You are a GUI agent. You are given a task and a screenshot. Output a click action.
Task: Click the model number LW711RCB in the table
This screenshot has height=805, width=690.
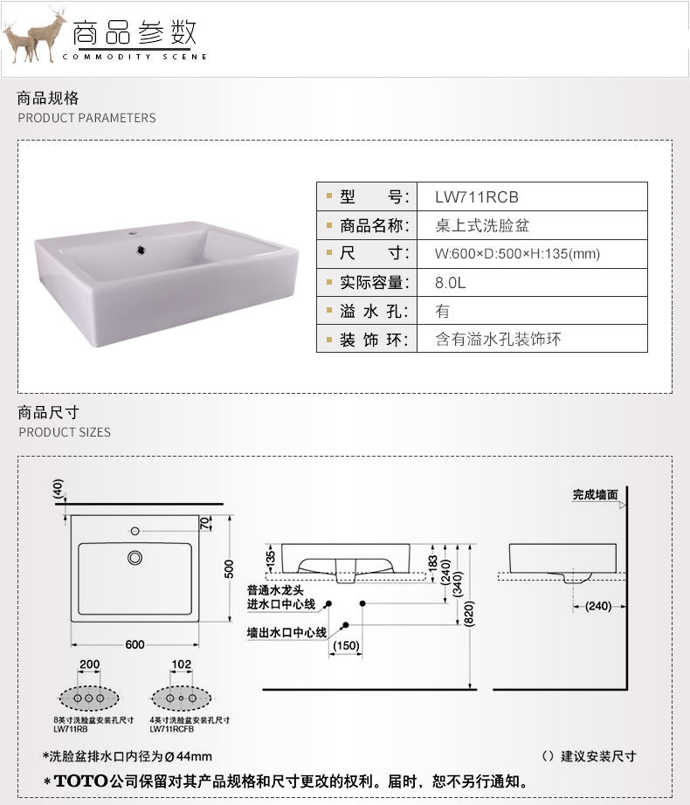(476, 197)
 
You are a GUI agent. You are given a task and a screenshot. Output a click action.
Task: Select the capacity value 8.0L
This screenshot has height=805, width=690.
(452, 283)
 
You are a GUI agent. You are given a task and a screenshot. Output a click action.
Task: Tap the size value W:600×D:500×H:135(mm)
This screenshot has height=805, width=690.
(517, 254)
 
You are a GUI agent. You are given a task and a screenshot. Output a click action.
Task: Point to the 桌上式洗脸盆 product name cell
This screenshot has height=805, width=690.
(482, 226)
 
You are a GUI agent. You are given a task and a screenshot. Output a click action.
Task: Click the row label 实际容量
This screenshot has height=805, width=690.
(372, 283)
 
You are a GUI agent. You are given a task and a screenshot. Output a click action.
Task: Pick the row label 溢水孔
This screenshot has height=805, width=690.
(372, 311)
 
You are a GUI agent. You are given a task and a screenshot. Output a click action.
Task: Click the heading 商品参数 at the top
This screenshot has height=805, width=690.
(135, 33)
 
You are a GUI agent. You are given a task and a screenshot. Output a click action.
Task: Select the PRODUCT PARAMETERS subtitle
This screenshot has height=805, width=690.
(86, 118)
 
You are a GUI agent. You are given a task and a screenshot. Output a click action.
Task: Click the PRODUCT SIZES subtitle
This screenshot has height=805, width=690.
(65, 432)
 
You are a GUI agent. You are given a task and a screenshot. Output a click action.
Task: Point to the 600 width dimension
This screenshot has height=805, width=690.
(134, 644)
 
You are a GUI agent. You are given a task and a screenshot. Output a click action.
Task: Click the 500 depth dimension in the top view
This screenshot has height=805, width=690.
(230, 568)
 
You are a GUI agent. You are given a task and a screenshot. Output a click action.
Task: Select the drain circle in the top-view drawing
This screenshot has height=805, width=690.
(135, 556)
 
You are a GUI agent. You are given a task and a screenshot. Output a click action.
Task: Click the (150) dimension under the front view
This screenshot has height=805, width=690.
(346, 645)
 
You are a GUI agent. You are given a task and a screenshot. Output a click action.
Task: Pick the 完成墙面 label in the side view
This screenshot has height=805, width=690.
(595, 494)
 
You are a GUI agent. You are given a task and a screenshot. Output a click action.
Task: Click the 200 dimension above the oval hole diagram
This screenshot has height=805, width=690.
(89, 665)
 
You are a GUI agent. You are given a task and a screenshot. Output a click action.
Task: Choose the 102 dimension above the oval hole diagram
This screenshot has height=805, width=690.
(181, 665)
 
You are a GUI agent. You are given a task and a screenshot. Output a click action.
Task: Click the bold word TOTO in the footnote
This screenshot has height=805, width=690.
(80, 780)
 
